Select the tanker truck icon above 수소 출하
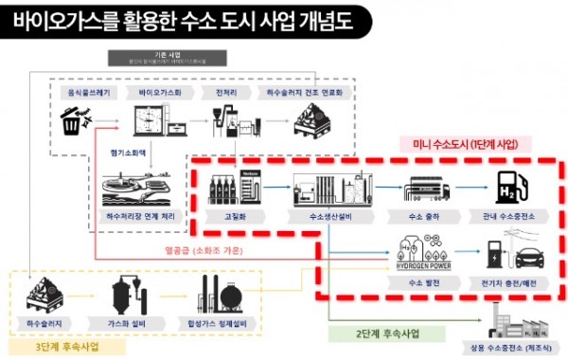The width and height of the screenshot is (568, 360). click(x=427, y=190)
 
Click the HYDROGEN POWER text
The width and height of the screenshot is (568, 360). click(x=423, y=266)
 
